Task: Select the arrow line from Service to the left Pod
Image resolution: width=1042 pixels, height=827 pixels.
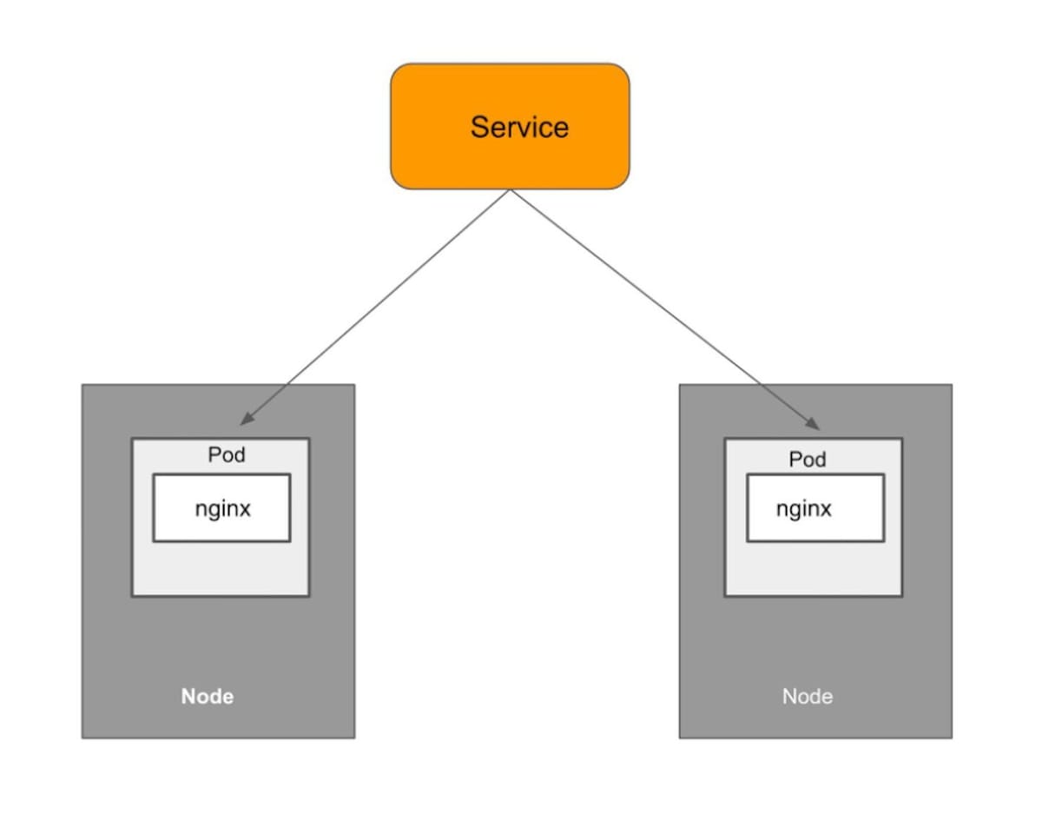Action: pyautogui.click(x=373, y=308)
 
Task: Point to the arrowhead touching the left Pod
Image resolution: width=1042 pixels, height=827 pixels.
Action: pyautogui.click(x=245, y=419)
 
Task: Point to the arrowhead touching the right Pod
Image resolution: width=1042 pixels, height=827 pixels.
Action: pyautogui.click(x=813, y=425)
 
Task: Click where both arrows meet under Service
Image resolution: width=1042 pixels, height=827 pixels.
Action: pyautogui.click(x=510, y=190)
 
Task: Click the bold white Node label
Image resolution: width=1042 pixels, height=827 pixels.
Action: pyautogui.click(x=207, y=697)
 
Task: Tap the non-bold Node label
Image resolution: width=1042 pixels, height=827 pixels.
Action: pyautogui.click(x=807, y=697)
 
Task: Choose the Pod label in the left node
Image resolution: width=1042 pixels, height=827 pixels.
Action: pyautogui.click(x=226, y=455)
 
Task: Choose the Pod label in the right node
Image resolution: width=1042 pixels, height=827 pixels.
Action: pyautogui.click(x=807, y=460)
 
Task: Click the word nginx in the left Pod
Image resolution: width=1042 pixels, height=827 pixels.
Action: pyautogui.click(x=222, y=509)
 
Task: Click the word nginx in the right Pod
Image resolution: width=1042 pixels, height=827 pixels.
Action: pyautogui.click(x=803, y=509)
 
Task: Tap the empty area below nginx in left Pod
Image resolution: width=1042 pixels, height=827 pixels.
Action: pyautogui.click(x=221, y=569)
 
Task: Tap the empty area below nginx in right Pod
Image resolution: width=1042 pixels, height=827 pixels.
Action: pyautogui.click(x=813, y=569)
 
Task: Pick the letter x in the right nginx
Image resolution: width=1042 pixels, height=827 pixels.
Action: pyautogui.click(x=825, y=509)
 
